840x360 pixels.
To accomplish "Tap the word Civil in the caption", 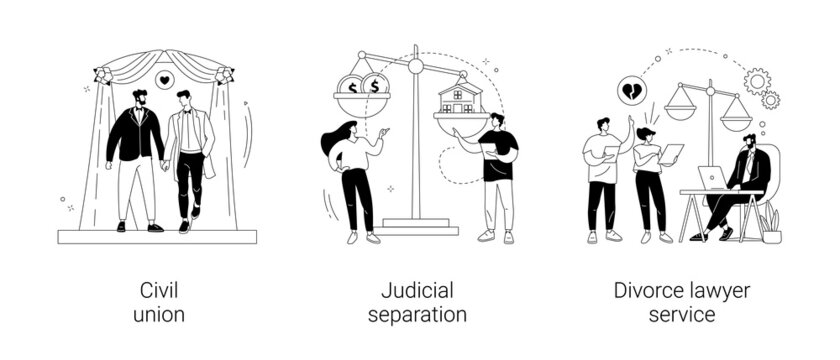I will click(158, 291).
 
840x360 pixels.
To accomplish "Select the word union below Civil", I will click(158, 315).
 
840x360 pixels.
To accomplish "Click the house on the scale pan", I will click(460, 98).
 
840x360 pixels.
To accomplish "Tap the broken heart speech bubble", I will click(632, 90).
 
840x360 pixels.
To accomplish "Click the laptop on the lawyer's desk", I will click(712, 178).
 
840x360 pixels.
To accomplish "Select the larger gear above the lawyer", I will click(757, 80).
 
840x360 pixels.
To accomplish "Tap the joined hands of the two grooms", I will click(165, 165).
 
